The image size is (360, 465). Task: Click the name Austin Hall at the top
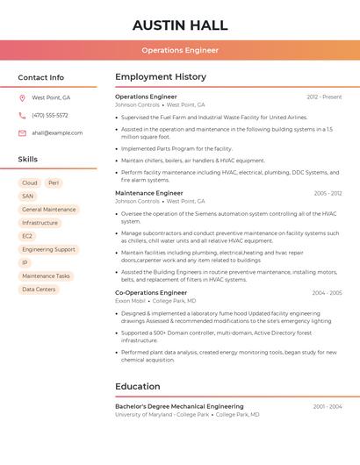point(180,25)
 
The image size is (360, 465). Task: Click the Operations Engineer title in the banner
point(180,50)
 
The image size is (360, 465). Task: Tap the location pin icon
point(22,97)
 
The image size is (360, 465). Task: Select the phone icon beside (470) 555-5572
point(22,115)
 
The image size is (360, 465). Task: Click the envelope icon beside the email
point(22,132)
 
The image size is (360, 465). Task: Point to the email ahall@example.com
point(57,132)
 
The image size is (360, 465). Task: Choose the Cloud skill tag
point(29,183)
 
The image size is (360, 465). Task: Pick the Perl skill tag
point(54,183)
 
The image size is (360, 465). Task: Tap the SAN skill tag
point(28,197)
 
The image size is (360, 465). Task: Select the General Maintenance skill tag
point(49,210)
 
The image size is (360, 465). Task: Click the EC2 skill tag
point(27,236)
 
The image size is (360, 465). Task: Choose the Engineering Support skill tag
point(48,249)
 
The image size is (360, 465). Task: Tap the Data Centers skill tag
point(39,289)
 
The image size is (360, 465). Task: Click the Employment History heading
point(161,77)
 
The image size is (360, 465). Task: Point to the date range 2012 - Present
point(324,97)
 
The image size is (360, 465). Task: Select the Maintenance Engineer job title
point(149,193)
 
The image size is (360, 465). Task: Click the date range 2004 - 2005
point(327,293)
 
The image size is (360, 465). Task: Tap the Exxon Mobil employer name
point(129,301)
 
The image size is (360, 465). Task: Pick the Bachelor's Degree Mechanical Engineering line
point(179,407)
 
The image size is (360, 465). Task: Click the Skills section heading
point(28,159)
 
